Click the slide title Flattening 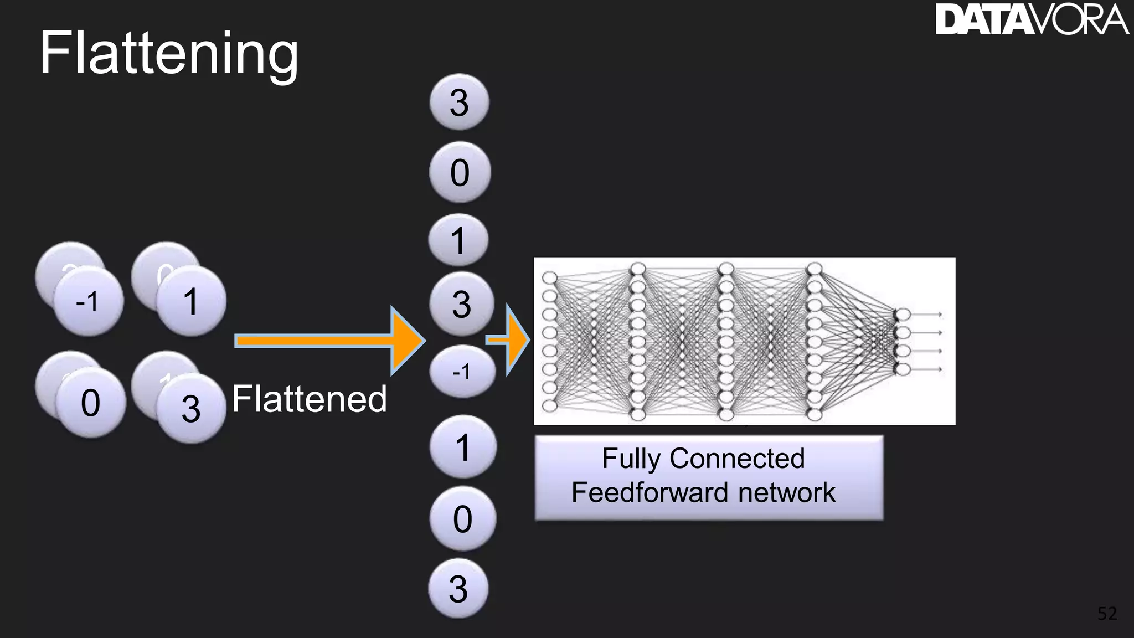point(169,54)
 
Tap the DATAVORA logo point(1031,20)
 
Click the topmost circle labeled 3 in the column point(459,102)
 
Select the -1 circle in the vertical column point(462,371)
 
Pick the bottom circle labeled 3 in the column point(458,588)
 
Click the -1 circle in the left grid point(89,302)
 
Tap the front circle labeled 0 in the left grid point(91,403)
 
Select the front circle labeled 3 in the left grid point(191,409)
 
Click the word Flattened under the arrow point(309,399)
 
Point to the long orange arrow point(327,340)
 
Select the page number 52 point(1107,613)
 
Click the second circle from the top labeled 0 point(460,172)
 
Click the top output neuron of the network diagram point(903,315)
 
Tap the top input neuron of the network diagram point(549,277)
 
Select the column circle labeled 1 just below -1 point(463,447)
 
